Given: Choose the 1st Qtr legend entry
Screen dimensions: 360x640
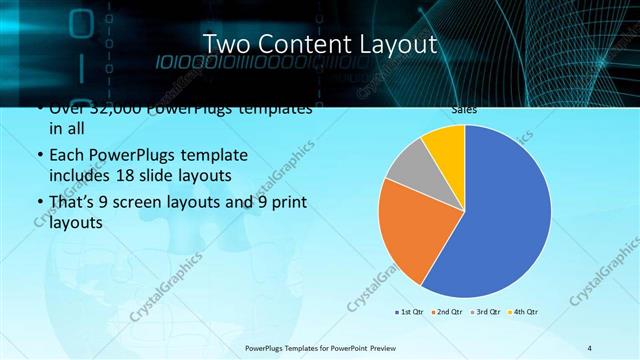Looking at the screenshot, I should tap(409, 313).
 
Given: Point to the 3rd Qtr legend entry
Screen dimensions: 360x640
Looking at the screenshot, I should tap(484, 313).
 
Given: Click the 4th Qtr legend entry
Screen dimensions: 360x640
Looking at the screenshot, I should tap(523, 313).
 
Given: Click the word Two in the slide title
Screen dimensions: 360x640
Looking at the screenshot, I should tap(227, 45).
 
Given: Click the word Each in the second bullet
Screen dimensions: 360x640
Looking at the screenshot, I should tap(66, 157).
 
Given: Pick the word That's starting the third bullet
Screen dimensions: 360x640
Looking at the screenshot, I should tap(73, 204).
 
